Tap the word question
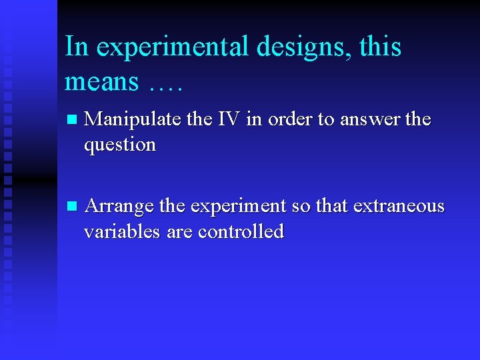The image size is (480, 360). pyautogui.click(x=120, y=145)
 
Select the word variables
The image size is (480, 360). pyautogui.click(x=117, y=231)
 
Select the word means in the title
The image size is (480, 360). pyautogui.click(x=102, y=82)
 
